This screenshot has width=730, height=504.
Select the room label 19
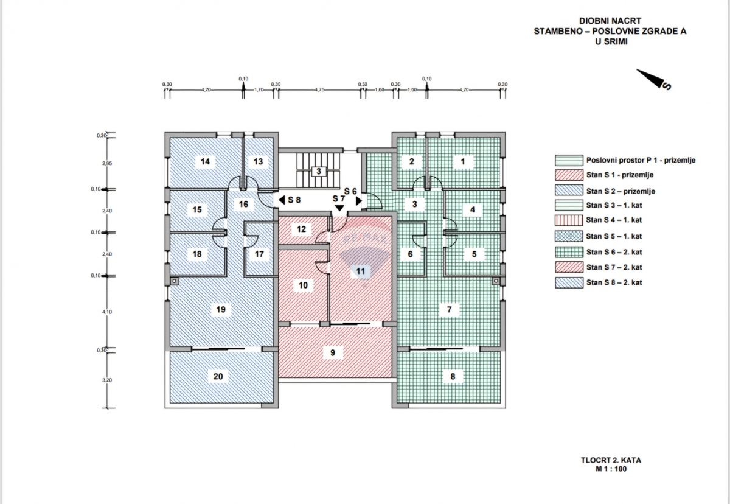click(x=221, y=310)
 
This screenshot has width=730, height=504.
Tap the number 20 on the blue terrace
click(x=218, y=377)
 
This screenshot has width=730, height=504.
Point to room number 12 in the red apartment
click(x=301, y=229)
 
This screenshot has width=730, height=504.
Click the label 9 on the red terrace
click(x=333, y=352)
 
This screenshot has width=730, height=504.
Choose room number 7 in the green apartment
click(x=449, y=310)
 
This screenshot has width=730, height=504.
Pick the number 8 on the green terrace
click(x=453, y=377)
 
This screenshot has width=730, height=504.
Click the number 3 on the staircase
click(x=318, y=171)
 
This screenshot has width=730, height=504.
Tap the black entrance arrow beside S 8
click(x=281, y=199)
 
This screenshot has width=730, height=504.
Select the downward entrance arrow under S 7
click(x=338, y=209)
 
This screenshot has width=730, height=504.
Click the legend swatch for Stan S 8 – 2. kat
click(x=568, y=283)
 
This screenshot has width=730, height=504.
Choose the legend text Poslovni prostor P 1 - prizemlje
click(x=641, y=161)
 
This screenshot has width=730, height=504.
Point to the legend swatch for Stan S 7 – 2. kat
click(x=568, y=267)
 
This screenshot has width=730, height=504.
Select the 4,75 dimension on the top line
click(x=320, y=89)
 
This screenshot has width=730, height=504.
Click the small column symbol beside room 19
click(x=174, y=281)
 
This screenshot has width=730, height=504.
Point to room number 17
click(x=260, y=254)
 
